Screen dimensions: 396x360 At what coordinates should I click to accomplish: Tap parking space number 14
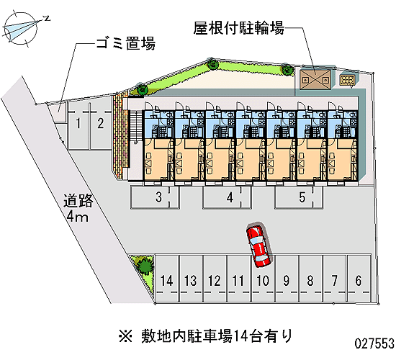(x=167, y=279)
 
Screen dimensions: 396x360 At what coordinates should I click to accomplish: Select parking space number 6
(x=359, y=279)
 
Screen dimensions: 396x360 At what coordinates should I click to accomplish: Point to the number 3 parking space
(x=155, y=197)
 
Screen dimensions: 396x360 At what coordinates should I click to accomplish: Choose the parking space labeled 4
(x=227, y=197)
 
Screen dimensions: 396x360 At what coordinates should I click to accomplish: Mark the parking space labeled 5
(x=299, y=197)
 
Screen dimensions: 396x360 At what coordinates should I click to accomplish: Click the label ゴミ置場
(x=125, y=43)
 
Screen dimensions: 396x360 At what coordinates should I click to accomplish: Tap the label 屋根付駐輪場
(x=239, y=28)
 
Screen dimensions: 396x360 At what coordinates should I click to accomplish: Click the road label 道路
(x=78, y=201)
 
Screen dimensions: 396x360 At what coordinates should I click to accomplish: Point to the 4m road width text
(x=78, y=217)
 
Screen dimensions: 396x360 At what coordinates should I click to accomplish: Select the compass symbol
(x=21, y=29)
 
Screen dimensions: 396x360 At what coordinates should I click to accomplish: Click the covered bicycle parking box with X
(x=315, y=79)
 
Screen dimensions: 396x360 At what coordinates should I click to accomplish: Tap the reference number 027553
(x=374, y=343)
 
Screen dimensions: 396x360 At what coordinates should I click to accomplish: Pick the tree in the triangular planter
(x=145, y=266)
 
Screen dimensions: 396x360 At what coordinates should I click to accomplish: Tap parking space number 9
(x=287, y=279)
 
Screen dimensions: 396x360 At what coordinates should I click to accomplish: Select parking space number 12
(x=215, y=279)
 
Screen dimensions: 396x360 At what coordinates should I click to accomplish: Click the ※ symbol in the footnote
(x=125, y=336)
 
